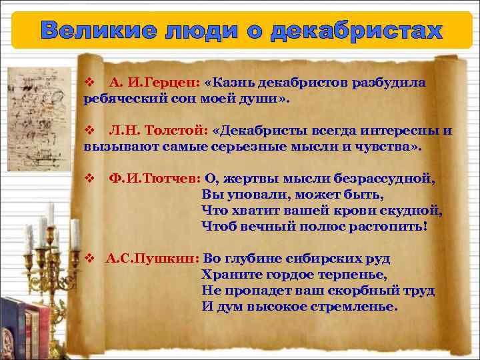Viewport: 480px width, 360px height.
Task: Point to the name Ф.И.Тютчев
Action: pos(155,179)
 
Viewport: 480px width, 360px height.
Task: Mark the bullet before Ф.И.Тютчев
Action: pos(89,179)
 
